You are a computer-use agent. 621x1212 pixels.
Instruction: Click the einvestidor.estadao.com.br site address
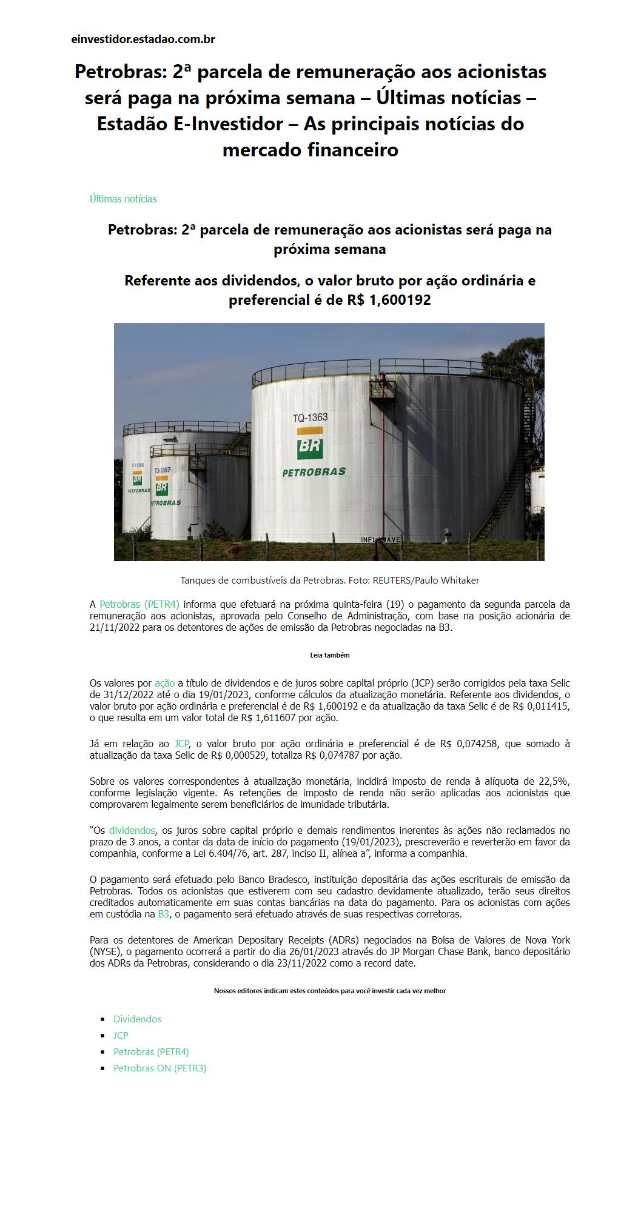(x=143, y=39)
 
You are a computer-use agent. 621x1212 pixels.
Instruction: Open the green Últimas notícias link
(x=123, y=199)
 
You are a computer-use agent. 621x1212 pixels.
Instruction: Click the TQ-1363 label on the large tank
(x=310, y=418)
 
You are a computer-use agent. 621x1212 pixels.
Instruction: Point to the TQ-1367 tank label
(x=161, y=470)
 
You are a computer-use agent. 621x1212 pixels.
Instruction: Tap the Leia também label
(x=329, y=655)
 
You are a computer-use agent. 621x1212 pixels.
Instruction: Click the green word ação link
(x=164, y=683)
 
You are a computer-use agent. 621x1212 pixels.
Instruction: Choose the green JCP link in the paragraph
(x=181, y=744)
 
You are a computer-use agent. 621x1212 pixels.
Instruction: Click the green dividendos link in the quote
(x=132, y=830)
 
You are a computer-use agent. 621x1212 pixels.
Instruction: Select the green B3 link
(x=164, y=914)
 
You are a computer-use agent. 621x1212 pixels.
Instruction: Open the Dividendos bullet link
(x=138, y=1019)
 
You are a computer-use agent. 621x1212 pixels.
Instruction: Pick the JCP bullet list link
(x=121, y=1035)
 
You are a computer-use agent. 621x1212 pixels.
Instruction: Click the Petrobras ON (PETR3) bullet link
(x=159, y=1068)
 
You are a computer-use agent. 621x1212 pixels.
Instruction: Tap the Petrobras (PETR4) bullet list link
(x=151, y=1051)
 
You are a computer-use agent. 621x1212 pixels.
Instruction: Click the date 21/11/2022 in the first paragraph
(x=115, y=627)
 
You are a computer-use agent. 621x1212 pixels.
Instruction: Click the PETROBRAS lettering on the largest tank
(x=314, y=472)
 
